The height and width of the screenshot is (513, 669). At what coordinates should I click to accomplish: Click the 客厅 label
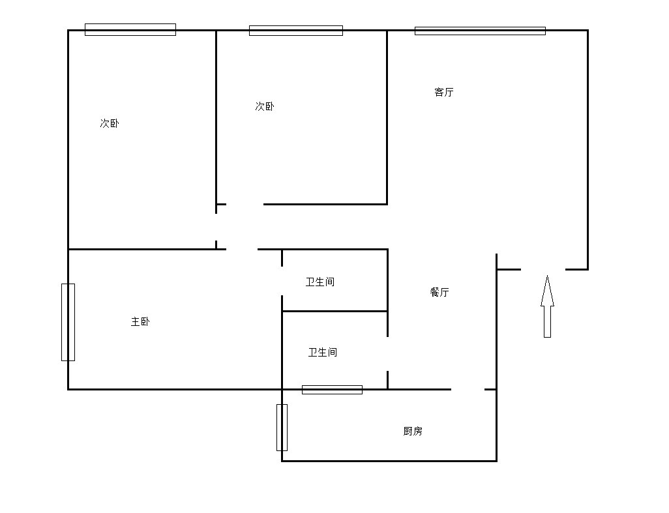coord(444,92)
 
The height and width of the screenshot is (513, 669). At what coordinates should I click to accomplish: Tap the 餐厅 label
coord(439,292)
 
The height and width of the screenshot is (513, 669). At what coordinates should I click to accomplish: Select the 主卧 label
coord(140,321)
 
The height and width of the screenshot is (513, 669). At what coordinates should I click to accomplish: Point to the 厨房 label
coord(413,431)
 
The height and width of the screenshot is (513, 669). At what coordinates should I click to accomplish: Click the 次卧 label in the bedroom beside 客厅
coord(265,106)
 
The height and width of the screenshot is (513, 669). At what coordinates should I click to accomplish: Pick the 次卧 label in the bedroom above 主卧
coord(110,123)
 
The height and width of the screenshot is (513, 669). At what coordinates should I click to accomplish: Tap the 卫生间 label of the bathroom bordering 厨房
coord(323,352)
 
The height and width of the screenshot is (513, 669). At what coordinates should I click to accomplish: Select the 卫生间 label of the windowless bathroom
coord(320,282)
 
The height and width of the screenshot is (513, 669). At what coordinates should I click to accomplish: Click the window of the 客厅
coord(480,31)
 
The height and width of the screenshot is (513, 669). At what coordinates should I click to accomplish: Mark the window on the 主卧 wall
coord(68,323)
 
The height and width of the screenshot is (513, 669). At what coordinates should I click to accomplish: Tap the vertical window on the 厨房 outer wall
coord(282,428)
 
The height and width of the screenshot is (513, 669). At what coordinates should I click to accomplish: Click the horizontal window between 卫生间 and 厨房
coord(332,389)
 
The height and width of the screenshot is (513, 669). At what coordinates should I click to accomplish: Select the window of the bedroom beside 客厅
coord(295,31)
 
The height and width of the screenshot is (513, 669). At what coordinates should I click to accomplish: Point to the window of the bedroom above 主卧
coord(130,30)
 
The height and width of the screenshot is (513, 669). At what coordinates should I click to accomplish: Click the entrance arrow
coord(548,306)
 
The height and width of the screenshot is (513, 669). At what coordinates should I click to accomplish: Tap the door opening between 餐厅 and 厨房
coord(468,389)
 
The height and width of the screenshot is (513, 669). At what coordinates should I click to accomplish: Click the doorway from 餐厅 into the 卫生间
coord(387,354)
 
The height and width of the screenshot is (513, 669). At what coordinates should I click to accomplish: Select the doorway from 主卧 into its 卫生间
coord(282,281)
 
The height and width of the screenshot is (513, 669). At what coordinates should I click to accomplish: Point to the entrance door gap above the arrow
coord(543,269)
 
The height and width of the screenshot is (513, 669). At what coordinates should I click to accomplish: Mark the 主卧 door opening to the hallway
coord(242,249)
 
